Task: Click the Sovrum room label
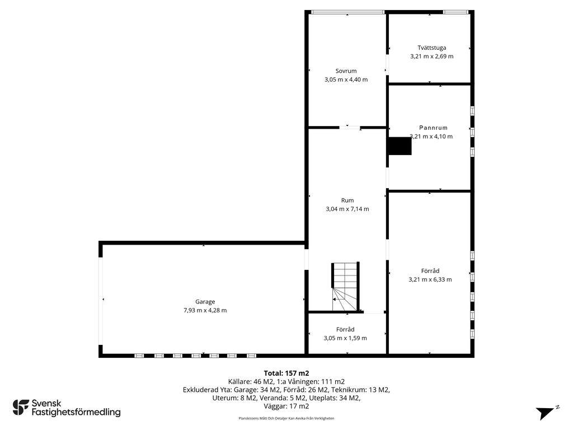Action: click(346, 71)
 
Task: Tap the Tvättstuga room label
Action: click(431, 48)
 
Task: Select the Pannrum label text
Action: click(433, 128)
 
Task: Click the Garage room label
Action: click(205, 302)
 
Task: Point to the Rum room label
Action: click(347, 200)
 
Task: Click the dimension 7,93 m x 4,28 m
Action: click(205, 310)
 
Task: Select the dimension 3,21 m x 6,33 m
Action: click(430, 280)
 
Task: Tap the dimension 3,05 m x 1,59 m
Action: click(345, 338)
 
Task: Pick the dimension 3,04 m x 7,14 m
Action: click(347, 209)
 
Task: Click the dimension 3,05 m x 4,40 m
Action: click(346, 80)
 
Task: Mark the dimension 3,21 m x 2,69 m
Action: click(431, 57)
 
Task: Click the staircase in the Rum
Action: click(345, 287)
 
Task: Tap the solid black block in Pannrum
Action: click(400, 146)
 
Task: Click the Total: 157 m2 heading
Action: click(286, 373)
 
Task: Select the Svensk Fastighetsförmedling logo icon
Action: click(21, 408)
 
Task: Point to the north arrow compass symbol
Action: click(546, 413)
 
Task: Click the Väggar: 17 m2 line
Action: click(286, 406)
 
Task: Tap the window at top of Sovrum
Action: click(347, 12)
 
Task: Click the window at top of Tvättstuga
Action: click(455, 12)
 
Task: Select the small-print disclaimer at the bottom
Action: click(286, 418)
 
